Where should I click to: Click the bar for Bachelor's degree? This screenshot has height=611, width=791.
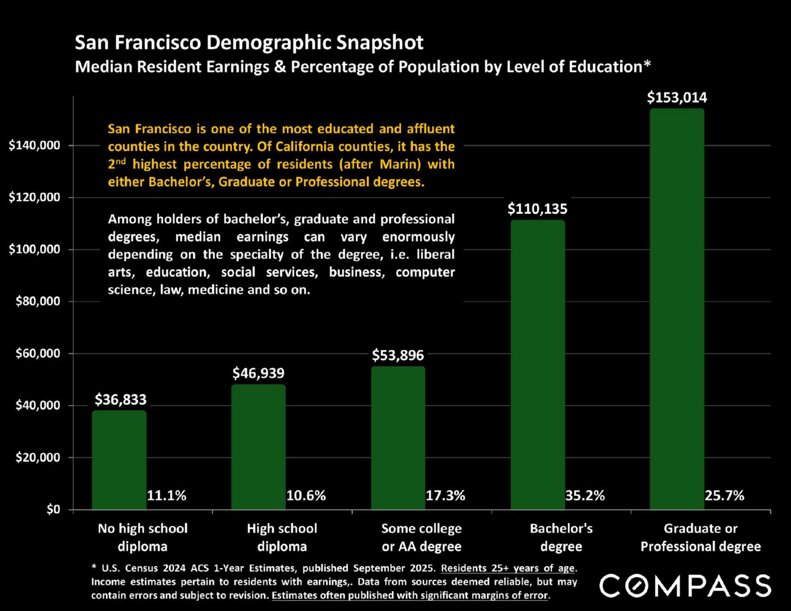pos(538,365)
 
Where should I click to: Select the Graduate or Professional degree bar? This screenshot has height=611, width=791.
pos(677,309)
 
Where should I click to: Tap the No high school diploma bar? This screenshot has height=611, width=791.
pos(119,460)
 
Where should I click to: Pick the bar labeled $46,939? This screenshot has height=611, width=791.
pos(258,447)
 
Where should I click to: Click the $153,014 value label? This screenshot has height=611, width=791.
pos(677,98)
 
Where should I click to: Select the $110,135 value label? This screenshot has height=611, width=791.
pos(537,209)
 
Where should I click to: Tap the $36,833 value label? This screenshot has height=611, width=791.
pos(121,399)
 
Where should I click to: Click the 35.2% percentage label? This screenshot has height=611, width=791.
pos(585,495)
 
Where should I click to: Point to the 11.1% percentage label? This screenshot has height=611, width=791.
pos(167,495)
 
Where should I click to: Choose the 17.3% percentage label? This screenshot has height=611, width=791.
pos(445,495)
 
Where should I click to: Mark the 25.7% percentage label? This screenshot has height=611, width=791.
pos(724,495)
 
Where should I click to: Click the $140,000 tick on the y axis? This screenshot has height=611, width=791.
pos(35,145)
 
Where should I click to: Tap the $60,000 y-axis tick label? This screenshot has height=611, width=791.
pos(38,353)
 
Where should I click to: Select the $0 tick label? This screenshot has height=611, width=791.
pos(53,510)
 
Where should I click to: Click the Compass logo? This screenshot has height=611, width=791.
pos(685,585)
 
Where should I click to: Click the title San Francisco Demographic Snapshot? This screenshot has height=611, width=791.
pos(249,42)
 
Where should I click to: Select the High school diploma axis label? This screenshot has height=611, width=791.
pos(282,537)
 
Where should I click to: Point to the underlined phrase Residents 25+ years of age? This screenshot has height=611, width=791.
pos(508,568)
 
